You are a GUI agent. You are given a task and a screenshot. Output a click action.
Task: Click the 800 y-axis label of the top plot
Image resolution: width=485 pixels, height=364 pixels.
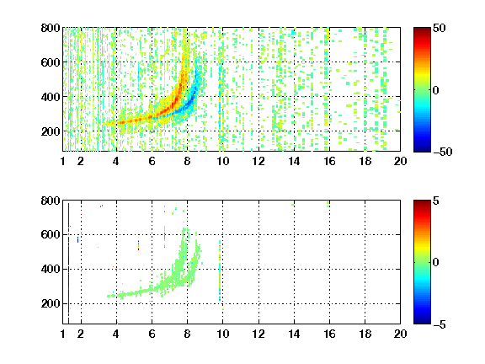(51, 28)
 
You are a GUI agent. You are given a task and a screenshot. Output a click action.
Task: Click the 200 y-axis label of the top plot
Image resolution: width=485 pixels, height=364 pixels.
(51, 131)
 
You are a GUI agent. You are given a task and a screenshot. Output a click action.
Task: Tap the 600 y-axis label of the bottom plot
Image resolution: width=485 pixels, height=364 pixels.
(51, 234)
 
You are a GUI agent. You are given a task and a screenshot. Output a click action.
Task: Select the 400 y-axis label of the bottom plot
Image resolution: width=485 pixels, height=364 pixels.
(51, 269)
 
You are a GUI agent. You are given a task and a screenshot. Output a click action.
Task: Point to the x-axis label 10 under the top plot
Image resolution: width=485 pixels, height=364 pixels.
(222, 161)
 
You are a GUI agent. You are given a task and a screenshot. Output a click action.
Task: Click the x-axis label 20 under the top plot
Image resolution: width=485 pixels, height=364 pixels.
(400, 161)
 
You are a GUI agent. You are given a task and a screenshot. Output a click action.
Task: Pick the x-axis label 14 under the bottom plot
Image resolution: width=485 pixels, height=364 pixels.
(294, 334)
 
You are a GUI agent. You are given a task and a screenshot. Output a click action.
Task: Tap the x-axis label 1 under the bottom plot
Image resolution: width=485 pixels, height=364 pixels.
(63, 334)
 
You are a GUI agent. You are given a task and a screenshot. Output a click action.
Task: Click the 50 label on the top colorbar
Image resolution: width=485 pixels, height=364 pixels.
(440, 28)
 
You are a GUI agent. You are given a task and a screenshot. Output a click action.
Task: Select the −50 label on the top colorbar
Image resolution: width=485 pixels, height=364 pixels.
(443, 152)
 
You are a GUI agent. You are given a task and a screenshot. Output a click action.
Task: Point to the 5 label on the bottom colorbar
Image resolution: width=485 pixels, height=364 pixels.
(436, 201)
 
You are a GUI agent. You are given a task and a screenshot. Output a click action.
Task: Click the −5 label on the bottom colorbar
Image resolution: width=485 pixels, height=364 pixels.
(440, 324)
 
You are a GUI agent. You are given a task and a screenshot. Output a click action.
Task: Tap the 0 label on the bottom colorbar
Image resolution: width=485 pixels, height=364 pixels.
(436, 263)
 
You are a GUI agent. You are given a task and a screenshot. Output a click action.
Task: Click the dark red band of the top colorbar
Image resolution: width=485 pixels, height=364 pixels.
(422, 31)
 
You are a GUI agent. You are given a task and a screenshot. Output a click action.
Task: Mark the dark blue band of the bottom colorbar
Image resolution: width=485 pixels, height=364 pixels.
(422, 319)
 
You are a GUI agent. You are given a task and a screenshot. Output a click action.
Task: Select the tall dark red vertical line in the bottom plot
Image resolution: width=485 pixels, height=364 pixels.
(68, 263)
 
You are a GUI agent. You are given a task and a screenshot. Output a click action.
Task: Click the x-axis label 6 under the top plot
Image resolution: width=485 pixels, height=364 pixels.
(152, 161)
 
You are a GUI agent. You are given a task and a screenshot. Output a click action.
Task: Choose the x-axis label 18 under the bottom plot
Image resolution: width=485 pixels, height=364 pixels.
(365, 334)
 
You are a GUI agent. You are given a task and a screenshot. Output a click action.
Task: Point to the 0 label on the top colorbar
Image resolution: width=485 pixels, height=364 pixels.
(436, 90)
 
